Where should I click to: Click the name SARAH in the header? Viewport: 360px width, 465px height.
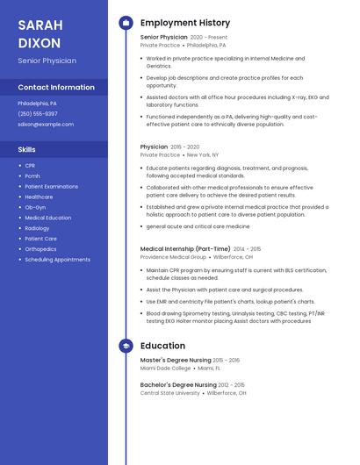[x=39, y=25]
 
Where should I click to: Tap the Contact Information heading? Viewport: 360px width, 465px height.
[x=56, y=88]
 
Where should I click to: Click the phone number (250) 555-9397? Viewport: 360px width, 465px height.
[x=38, y=113]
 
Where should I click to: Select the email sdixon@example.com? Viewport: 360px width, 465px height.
[x=46, y=125]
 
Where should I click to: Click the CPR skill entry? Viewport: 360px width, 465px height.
[x=30, y=165]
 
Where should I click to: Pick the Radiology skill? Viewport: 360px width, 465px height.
[x=37, y=228]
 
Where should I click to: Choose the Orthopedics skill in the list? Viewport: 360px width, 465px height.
[x=40, y=249]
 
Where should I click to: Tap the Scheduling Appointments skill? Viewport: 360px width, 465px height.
[x=57, y=260]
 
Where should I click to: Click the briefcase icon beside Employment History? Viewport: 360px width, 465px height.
[x=126, y=23]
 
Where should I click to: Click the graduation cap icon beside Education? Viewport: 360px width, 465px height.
[x=126, y=346]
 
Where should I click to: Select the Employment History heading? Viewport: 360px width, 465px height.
[x=185, y=23]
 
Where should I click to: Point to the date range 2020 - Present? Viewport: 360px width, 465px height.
[x=208, y=38]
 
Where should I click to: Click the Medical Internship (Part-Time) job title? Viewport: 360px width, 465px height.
[x=185, y=249]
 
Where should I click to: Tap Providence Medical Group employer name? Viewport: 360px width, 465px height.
[x=173, y=257]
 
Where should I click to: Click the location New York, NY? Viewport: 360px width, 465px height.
[x=203, y=154]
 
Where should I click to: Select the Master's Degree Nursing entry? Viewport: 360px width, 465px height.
[x=176, y=361]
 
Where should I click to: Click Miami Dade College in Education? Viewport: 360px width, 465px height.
[x=167, y=368]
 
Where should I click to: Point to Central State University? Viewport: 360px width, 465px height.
[x=169, y=393]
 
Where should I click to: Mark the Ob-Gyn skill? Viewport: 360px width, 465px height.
[x=35, y=207]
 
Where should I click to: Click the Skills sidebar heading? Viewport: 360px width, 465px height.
[x=26, y=149]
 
